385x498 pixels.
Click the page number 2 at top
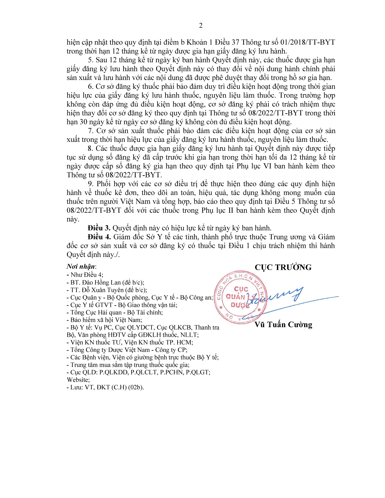[x=201, y=26]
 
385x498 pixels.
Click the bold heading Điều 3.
[x=99, y=228]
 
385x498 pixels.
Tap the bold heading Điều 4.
[x=99, y=237]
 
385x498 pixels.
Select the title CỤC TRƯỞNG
[x=283, y=267]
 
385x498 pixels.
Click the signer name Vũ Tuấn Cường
[x=283, y=325]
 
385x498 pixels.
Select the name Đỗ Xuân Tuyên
[x=103, y=290]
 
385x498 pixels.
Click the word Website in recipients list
[x=78, y=380]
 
